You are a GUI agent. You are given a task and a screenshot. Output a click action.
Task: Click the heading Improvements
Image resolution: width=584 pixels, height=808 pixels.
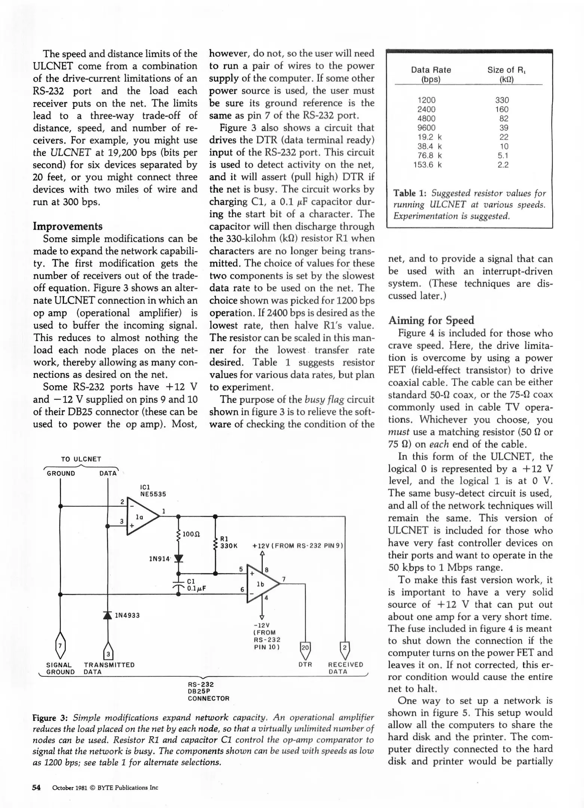67,226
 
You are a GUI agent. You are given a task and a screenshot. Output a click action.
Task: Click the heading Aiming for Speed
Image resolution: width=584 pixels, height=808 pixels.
431,320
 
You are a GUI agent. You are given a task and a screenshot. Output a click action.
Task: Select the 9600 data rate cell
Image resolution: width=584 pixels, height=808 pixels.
426,128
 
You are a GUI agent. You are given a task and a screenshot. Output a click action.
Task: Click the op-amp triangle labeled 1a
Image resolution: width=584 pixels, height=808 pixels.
141,517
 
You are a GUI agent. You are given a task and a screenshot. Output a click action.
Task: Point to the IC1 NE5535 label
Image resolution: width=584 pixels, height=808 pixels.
152,490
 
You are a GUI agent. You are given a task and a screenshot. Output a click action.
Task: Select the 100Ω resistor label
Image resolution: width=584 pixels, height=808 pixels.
191,534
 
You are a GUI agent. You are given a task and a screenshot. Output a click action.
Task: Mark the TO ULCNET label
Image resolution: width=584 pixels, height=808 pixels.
81,459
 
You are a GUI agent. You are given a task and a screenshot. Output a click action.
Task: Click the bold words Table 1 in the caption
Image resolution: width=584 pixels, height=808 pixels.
410,193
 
